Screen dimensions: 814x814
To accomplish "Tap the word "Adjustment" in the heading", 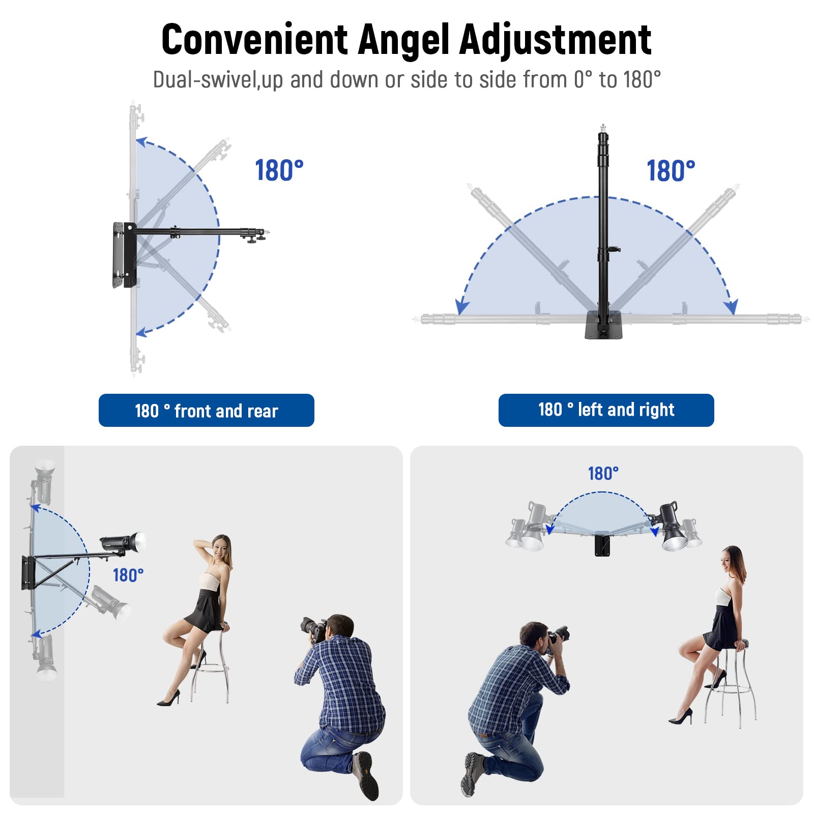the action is tap(555, 40).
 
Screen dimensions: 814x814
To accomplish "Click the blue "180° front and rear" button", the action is tap(206, 410).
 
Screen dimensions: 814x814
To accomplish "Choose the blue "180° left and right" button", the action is tap(606, 410).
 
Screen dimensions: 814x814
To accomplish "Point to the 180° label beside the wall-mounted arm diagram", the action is tap(279, 170).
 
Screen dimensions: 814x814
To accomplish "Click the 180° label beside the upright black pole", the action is tap(671, 170).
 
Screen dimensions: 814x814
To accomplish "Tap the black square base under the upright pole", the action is tap(604, 325).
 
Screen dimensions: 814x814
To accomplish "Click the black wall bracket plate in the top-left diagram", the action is tap(124, 254).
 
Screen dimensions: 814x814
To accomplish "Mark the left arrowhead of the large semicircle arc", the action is tap(461, 306).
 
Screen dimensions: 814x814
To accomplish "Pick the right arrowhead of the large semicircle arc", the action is tap(731, 306).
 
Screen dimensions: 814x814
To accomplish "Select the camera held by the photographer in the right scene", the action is tap(558, 634).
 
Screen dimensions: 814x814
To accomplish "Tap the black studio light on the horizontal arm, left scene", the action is tap(123, 542).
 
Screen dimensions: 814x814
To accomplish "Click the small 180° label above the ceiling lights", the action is tap(603, 473).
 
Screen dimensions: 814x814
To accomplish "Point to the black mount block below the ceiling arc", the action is tap(602, 544).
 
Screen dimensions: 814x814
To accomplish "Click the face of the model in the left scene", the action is tap(219, 548).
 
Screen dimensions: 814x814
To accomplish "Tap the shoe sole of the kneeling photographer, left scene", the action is tap(366, 775).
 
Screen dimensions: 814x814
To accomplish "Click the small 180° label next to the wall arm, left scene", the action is tap(128, 575).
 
